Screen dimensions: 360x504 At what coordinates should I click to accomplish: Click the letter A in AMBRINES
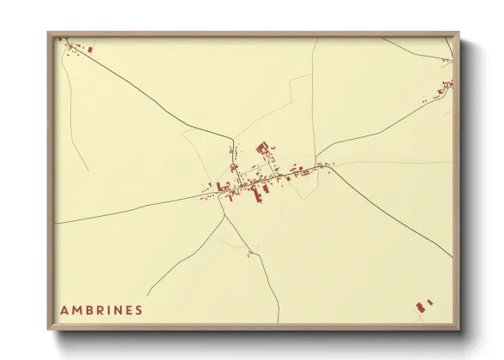click(x=64, y=309)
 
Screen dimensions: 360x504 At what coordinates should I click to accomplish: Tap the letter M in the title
click(x=76, y=309)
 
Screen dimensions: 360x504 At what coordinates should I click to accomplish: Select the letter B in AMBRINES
click(x=88, y=309)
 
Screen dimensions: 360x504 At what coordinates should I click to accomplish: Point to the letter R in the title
click(x=99, y=309)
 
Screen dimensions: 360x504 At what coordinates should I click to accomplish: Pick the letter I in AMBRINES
click(x=108, y=309)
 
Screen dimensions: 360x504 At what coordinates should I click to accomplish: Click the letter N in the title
click(x=117, y=309)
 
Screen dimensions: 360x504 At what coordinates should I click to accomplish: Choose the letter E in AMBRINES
click(x=129, y=309)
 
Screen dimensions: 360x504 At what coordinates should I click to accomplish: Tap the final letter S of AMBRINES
click(x=139, y=309)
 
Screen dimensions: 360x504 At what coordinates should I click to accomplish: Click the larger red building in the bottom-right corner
click(x=420, y=306)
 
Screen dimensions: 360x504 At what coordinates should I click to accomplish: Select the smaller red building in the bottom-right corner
click(x=430, y=302)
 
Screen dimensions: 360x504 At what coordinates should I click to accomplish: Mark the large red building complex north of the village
click(x=264, y=149)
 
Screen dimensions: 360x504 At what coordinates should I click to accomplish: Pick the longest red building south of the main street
click(x=254, y=194)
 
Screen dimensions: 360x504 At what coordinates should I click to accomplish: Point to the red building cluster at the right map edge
click(x=446, y=84)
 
